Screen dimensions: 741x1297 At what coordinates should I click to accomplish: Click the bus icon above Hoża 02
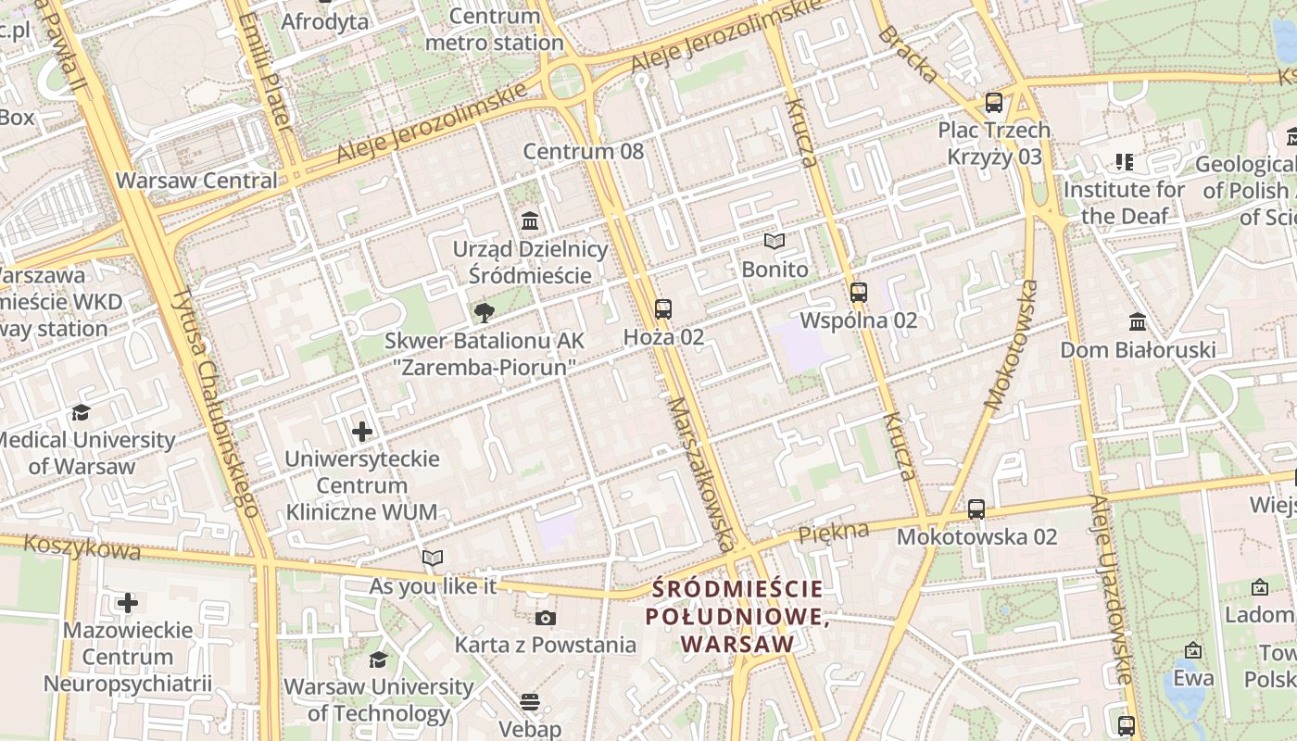pos(662,309)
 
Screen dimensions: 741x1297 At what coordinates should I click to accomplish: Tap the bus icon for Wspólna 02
pos(859,293)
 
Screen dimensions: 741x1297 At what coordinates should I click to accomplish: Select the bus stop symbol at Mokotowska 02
pos(976,509)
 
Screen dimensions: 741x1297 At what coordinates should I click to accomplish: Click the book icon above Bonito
pos(774,242)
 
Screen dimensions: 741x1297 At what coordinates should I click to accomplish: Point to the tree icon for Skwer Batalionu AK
pos(484,313)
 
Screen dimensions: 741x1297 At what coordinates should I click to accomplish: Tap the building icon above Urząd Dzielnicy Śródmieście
pos(530,221)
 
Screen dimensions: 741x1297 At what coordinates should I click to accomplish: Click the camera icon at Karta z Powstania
pos(546,618)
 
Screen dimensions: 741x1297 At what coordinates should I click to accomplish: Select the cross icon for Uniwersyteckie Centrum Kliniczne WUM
pos(362,432)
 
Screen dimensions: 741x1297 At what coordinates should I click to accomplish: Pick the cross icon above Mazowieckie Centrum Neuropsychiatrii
pos(128,604)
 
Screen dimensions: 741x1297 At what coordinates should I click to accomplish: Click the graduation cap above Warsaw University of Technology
pos(378,659)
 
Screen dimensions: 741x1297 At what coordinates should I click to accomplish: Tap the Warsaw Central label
pos(196,180)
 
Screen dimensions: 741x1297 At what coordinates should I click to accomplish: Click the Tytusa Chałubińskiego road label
pos(216,403)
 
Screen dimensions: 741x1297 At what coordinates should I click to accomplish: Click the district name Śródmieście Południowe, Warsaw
pos(737,616)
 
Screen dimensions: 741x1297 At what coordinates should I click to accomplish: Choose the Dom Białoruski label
pos(1138,350)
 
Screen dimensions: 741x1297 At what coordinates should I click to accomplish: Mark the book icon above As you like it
pos(433,558)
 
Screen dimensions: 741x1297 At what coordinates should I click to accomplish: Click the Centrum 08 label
pos(583,151)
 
